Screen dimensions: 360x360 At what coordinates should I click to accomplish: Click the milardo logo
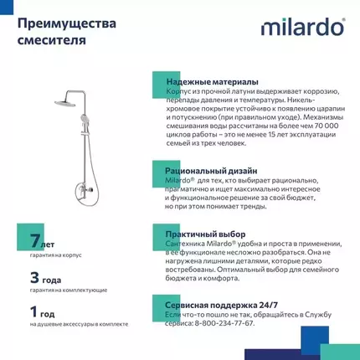tap(302, 28)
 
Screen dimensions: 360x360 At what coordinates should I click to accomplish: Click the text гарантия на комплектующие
tap(68, 289)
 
